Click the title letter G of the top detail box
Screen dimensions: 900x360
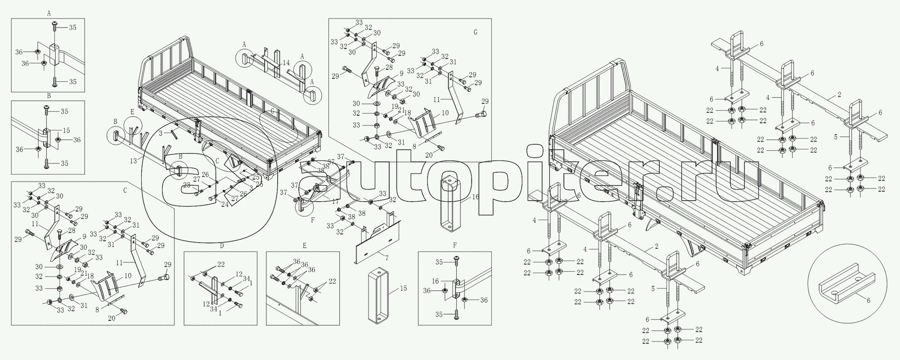pos(475,32)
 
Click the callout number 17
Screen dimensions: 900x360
pos(335,202)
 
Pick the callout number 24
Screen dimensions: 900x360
pos(224,203)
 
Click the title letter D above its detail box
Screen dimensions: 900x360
pos(221,246)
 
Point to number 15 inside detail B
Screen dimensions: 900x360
pos(66,130)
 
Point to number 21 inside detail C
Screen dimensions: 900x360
pos(84,273)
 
